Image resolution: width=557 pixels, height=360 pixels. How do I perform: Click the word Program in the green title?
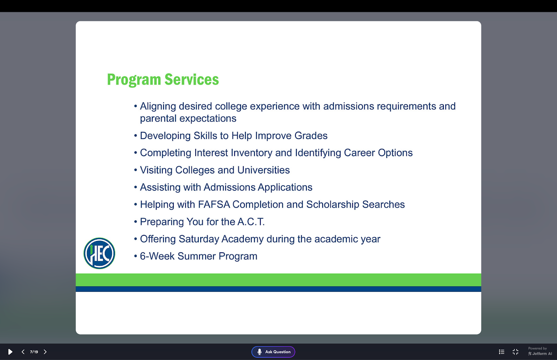pyautogui.click(x=134, y=80)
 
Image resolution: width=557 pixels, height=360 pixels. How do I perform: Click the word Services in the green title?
pyautogui.click(x=191, y=79)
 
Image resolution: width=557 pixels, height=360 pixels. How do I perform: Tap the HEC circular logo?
pyautogui.click(x=99, y=253)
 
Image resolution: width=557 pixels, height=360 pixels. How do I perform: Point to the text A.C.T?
pyautogui.click(x=251, y=222)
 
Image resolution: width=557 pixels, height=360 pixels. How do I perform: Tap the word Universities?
pyautogui.click(x=263, y=170)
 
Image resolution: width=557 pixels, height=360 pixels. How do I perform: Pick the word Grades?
pyautogui.click(x=311, y=136)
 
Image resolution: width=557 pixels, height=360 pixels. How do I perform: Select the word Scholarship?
pyautogui.click(x=333, y=205)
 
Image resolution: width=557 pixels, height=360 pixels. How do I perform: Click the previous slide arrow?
pyautogui.click(x=23, y=352)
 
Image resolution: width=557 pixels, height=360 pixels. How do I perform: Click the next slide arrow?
pyautogui.click(x=45, y=352)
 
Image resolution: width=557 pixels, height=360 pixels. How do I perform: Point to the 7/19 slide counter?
pyautogui.click(x=34, y=352)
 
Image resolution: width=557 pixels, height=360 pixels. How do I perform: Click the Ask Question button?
pyautogui.click(x=273, y=352)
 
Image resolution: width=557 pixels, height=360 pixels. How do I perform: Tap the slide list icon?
pyautogui.click(x=502, y=352)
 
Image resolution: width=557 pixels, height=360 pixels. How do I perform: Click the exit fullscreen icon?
pyautogui.click(x=516, y=352)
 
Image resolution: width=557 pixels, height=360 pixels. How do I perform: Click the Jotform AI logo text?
pyautogui.click(x=540, y=353)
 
